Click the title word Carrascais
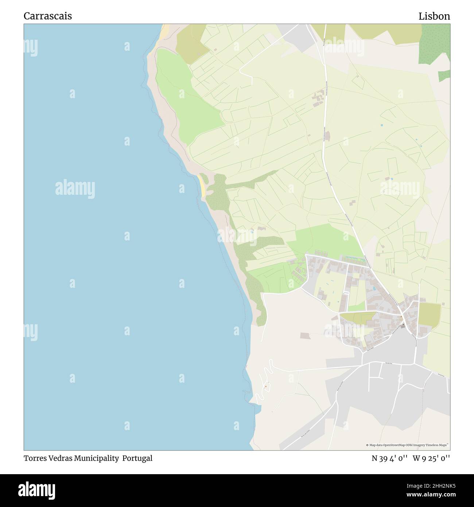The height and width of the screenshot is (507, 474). coord(48,16)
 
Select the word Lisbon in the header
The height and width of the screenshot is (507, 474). coord(434,16)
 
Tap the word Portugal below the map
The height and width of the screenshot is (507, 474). coord(137,458)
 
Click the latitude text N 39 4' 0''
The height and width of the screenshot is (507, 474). coord(389,458)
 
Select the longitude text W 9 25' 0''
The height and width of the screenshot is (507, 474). coord(431,458)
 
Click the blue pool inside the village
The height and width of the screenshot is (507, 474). coord(374,289)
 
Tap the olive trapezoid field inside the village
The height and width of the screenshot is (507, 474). coord(359,318)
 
